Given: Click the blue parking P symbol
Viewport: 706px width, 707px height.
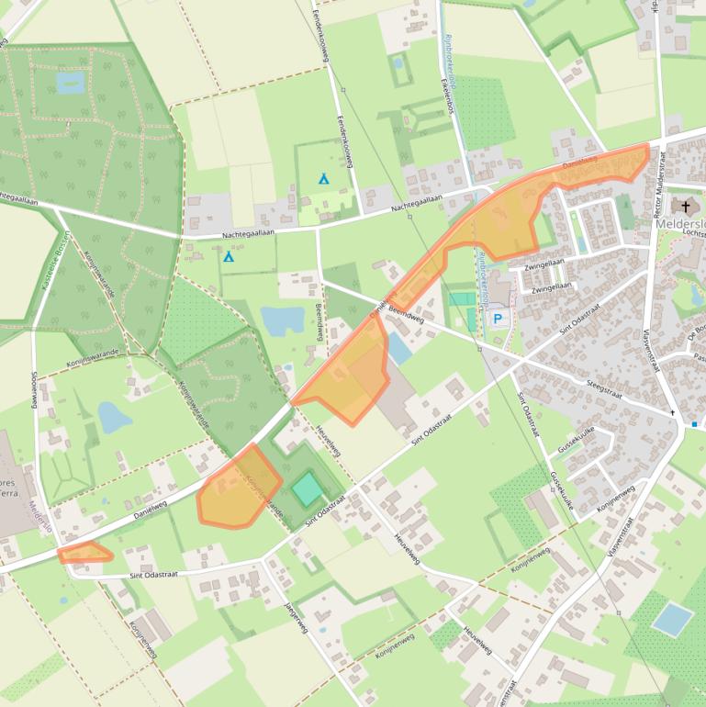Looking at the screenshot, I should point(499,319).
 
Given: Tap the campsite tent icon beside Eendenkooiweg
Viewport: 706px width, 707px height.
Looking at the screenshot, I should point(323,178).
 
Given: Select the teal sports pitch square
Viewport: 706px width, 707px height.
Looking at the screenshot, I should point(308,488).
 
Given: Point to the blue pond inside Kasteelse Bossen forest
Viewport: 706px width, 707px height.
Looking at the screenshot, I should point(69,83).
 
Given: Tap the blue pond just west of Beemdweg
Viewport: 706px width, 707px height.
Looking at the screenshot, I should point(282,320).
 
